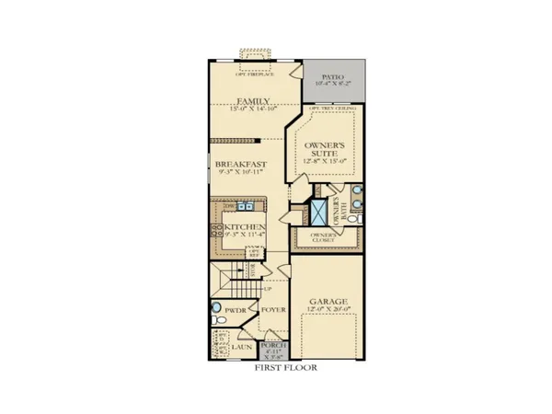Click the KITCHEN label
(x=245, y=226)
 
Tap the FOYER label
(x=274, y=311)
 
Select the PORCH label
(x=276, y=345)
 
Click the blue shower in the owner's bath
(x=318, y=213)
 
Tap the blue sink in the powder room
(x=218, y=309)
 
